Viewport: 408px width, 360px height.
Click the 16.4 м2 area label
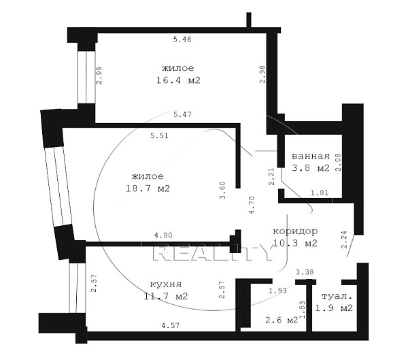pyautogui.click(x=178, y=80)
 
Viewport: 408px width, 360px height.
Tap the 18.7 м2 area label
pyautogui.click(x=148, y=189)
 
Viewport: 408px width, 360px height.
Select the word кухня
pyautogui.click(x=166, y=284)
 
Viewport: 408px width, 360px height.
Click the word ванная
pyautogui.click(x=311, y=156)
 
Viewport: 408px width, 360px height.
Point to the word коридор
pyautogui.click(x=295, y=231)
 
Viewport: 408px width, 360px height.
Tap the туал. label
pyautogui.click(x=337, y=296)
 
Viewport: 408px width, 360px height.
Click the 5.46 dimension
pyautogui.click(x=182, y=39)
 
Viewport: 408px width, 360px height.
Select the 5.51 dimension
pyautogui.click(x=159, y=135)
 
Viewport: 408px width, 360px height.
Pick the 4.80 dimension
pyautogui.click(x=163, y=235)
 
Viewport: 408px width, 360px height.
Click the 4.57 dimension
pyautogui.click(x=171, y=325)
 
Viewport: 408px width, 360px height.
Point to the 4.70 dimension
pyautogui.click(x=252, y=205)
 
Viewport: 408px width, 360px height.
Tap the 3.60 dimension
pyautogui.click(x=222, y=191)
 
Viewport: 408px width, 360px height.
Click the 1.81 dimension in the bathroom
pyautogui.click(x=320, y=193)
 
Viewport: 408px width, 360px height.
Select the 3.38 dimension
pyautogui.click(x=305, y=272)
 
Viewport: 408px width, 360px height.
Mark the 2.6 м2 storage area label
pyautogui.click(x=282, y=320)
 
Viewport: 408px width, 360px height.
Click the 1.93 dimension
pyautogui.click(x=277, y=291)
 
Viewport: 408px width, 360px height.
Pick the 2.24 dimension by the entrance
pyautogui.click(x=344, y=240)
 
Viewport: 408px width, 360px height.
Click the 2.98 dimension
pyautogui.click(x=262, y=74)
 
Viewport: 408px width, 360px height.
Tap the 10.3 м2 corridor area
pyautogui.click(x=295, y=244)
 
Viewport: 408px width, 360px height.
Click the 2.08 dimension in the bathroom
pyautogui.click(x=338, y=162)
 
